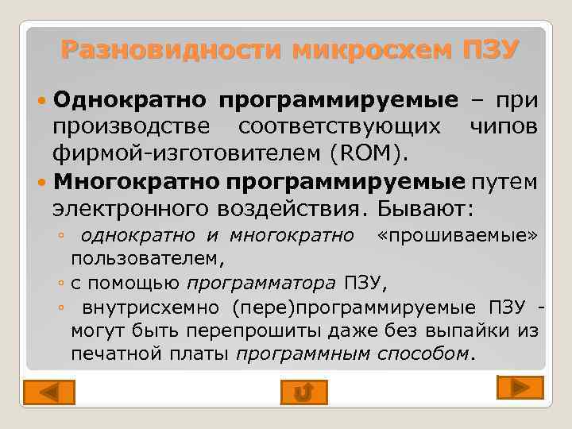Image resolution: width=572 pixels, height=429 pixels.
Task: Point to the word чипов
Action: (x=506, y=126)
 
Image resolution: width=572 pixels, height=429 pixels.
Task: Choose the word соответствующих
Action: (x=342, y=126)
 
